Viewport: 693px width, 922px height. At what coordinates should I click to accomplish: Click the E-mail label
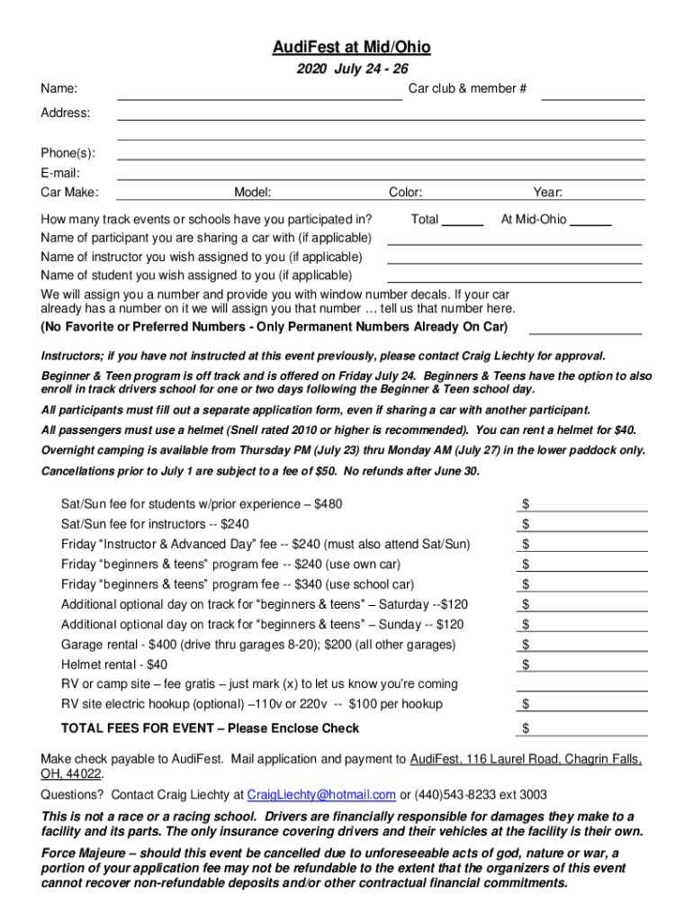click(60, 173)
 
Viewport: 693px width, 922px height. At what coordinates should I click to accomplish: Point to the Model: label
click(253, 192)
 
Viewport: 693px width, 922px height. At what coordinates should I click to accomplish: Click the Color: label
click(405, 192)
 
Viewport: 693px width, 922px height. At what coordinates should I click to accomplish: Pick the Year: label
click(547, 192)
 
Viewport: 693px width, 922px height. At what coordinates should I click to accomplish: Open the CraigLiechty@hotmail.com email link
click(321, 794)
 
